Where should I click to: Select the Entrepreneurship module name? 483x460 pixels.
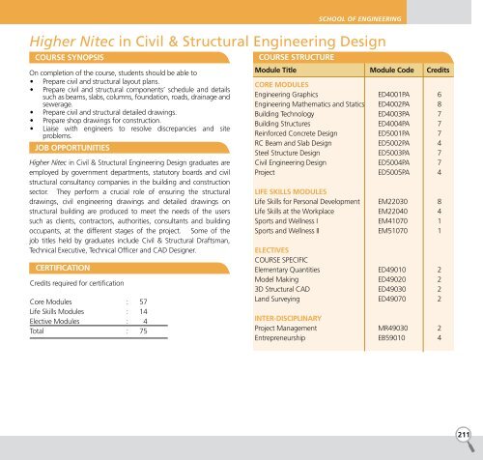pyautogui.click(x=287, y=339)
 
